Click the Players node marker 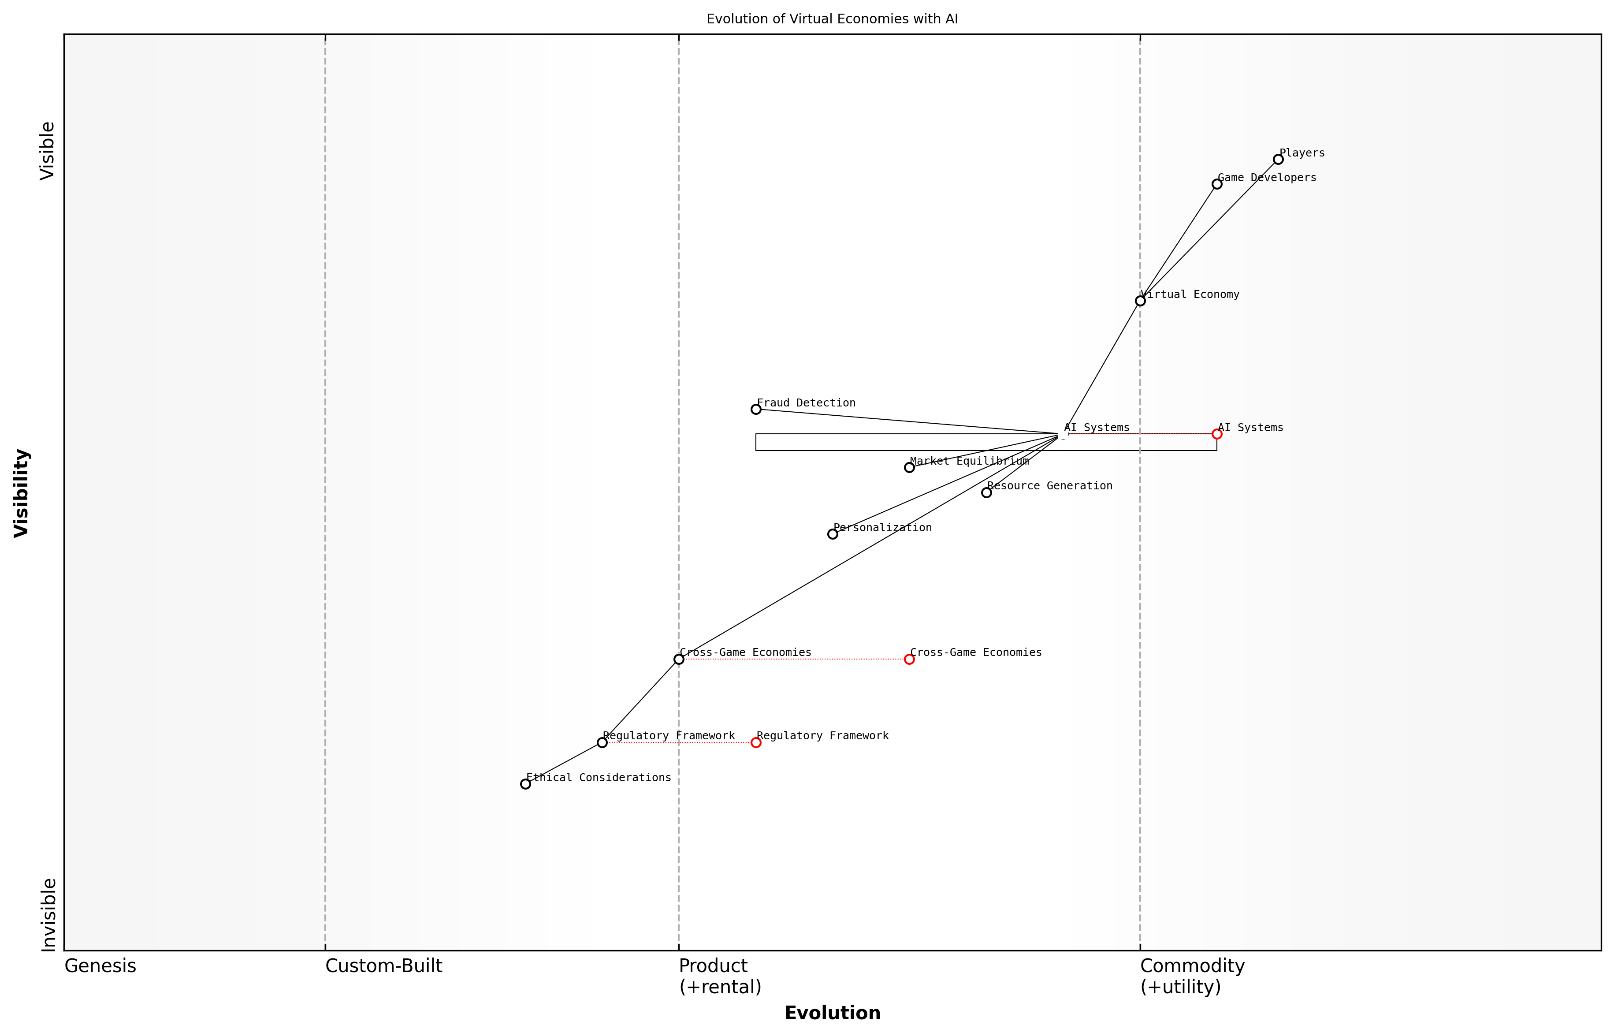(x=1278, y=160)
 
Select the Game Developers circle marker (x=1216, y=184)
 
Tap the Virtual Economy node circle (x=1140, y=301)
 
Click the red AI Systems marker (x=1216, y=434)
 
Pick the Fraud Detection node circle (x=756, y=409)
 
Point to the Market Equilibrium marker (x=909, y=468)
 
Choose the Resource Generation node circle (x=986, y=492)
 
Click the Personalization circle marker (x=833, y=534)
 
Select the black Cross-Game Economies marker (x=679, y=659)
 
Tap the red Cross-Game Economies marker (x=909, y=659)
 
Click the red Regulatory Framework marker (x=756, y=743)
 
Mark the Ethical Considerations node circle (x=525, y=784)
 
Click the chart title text (x=832, y=19)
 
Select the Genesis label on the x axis (x=100, y=966)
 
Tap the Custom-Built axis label (x=383, y=966)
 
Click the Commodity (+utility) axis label (x=1192, y=976)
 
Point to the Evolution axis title (x=832, y=1013)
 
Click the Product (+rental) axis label (x=720, y=976)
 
